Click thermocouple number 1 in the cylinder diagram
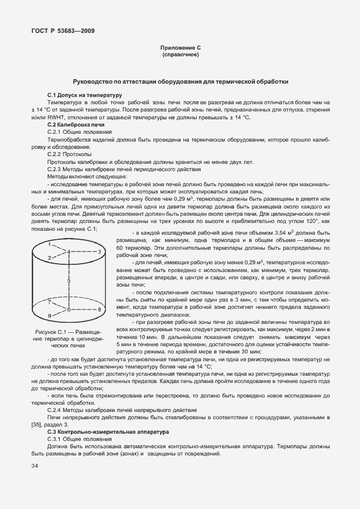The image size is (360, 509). (x=49, y=244)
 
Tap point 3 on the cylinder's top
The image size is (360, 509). (x=99, y=252)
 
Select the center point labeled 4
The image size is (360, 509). (x=69, y=252)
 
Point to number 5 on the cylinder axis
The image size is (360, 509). (x=69, y=280)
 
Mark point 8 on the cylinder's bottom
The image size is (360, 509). (x=99, y=309)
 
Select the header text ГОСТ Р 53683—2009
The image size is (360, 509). (x=62, y=31)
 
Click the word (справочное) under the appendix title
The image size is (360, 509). (x=179, y=56)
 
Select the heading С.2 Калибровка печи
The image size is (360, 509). (x=76, y=125)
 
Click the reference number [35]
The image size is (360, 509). (x=38, y=425)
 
